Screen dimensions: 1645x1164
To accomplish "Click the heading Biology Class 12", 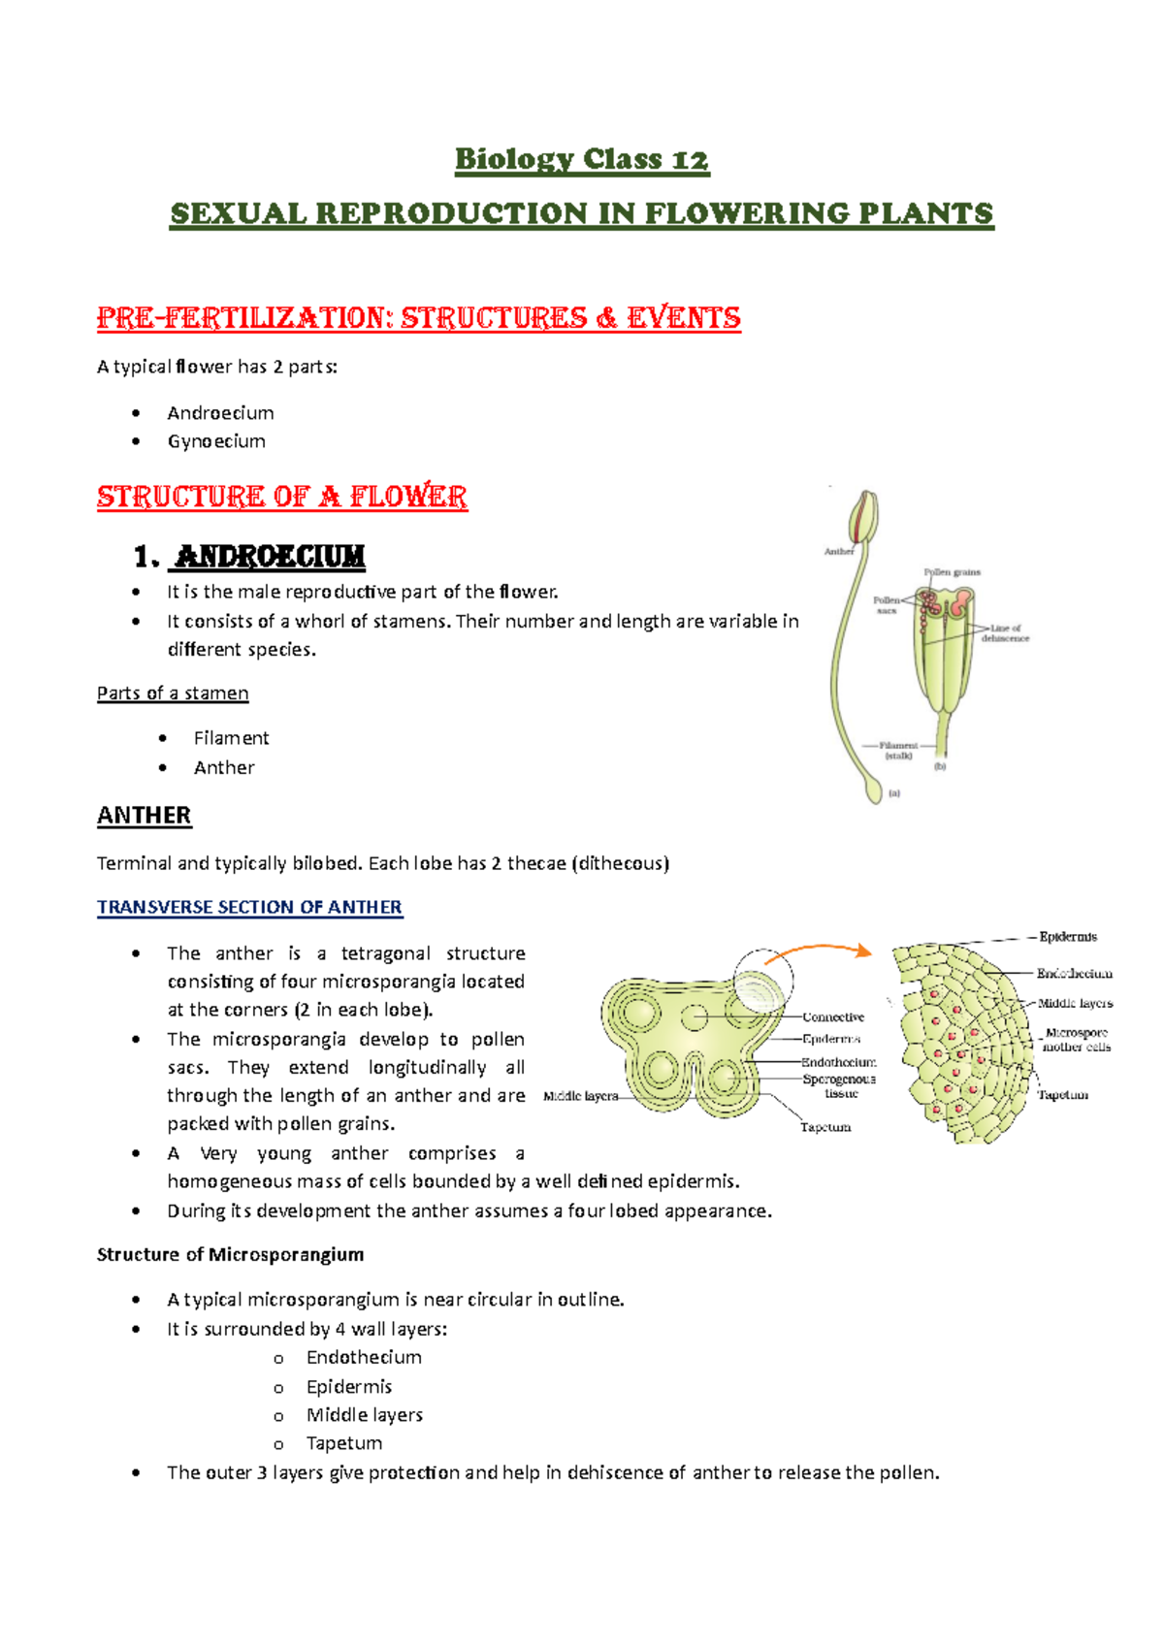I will pyautogui.click(x=582, y=159).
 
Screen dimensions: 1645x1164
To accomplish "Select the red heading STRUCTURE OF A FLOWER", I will pyautogui.click(x=281, y=497).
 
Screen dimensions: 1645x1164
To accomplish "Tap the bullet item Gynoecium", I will pyautogui.click(x=216, y=441).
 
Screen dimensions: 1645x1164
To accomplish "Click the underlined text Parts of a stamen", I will pyautogui.click(x=173, y=693).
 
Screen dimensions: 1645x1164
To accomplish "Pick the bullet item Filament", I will pyautogui.click(x=231, y=738).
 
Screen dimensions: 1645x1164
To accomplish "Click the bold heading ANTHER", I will pyautogui.click(x=144, y=816).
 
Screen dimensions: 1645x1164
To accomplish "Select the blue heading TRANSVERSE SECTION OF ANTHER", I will pyautogui.click(x=249, y=907).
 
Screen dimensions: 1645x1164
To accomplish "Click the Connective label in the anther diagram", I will pyautogui.click(x=833, y=1017).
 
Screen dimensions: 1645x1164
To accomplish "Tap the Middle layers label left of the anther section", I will pyautogui.click(x=580, y=1096).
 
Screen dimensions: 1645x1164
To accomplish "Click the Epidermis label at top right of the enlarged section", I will pyautogui.click(x=1068, y=937).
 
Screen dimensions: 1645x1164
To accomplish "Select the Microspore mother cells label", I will pyautogui.click(x=1077, y=1040).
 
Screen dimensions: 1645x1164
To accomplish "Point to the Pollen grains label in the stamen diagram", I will pyautogui.click(x=952, y=572).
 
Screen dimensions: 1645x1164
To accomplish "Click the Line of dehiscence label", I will pyautogui.click(x=1005, y=633).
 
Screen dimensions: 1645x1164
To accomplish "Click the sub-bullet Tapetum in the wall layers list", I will pyautogui.click(x=343, y=1444).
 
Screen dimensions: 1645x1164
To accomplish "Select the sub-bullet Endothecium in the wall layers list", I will pyautogui.click(x=364, y=1358).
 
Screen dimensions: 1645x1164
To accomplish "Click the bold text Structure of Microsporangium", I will pyautogui.click(x=230, y=1255).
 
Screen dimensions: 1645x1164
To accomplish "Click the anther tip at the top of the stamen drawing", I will pyautogui.click(x=864, y=514).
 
